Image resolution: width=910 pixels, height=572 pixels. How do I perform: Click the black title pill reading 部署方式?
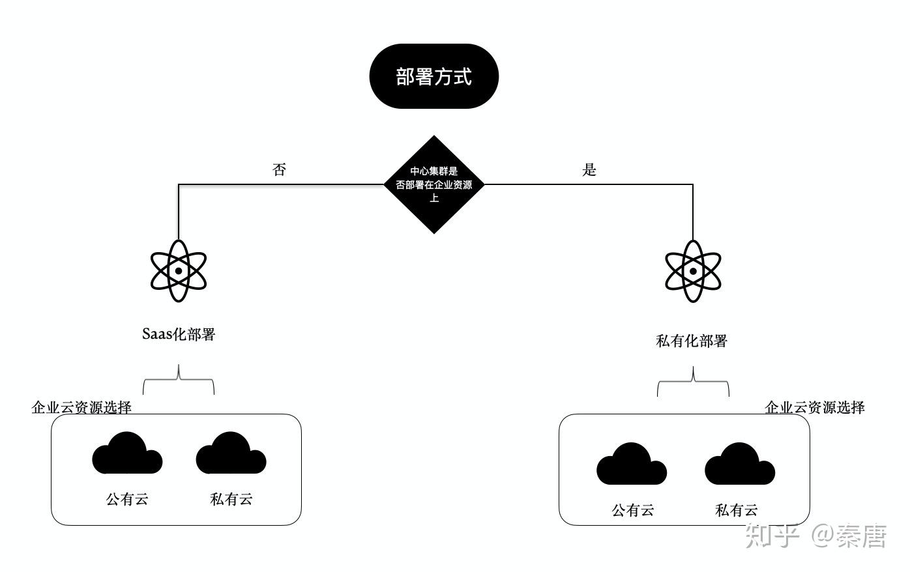433,76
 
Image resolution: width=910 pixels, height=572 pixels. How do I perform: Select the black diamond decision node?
434,184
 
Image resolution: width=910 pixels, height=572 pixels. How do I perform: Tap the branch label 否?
279,170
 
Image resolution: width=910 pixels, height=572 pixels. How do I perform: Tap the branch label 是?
589,170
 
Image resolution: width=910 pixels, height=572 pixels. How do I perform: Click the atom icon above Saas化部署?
179,270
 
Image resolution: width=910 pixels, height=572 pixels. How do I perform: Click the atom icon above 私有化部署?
693,271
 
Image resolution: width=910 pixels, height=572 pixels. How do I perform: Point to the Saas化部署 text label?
179,334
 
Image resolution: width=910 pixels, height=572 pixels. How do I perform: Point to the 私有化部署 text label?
692,341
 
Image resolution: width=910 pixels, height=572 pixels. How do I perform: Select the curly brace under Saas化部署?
179,380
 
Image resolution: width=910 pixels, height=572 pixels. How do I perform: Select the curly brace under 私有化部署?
693,382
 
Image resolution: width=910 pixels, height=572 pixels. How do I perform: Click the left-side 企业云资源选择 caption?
81,407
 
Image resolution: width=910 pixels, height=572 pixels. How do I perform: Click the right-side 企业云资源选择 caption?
815,408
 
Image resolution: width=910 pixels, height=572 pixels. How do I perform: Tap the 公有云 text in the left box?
127,499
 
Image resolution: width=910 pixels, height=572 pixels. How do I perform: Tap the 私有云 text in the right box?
737,510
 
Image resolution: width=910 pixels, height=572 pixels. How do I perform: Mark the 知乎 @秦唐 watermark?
816,536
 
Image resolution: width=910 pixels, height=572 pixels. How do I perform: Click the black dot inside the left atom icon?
179,271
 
